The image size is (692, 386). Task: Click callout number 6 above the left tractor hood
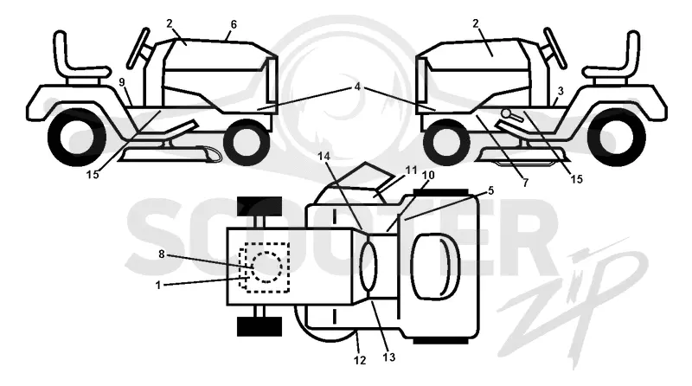[x=234, y=25]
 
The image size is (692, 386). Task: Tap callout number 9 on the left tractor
[x=122, y=82]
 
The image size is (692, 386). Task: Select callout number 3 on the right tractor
[x=561, y=92]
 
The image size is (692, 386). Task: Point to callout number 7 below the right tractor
[x=525, y=183]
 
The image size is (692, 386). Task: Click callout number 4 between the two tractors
[x=357, y=87]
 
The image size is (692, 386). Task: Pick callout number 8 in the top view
[x=162, y=254]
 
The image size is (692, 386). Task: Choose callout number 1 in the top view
[x=158, y=286]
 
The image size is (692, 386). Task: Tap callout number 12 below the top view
[x=360, y=360]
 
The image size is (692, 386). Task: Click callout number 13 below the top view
[x=388, y=357]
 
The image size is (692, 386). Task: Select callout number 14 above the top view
[x=324, y=157]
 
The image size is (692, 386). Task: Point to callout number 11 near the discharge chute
[x=411, y=170]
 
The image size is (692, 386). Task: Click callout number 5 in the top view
[x=490, y=190]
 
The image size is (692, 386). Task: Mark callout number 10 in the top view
[x=428, y=176]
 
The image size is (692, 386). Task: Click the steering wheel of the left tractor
[x=138, y=48]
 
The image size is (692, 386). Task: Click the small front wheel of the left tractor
[x=247, y=142]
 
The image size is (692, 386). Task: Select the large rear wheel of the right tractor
[x=617, y=138]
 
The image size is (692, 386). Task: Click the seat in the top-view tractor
[x=436, y=266]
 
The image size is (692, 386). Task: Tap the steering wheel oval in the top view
[x=369, y=266]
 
